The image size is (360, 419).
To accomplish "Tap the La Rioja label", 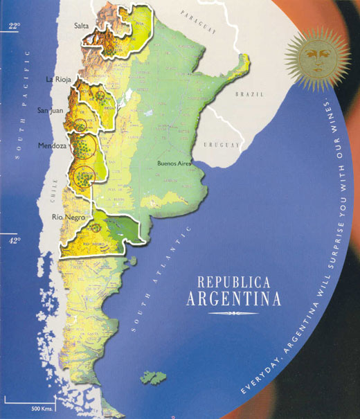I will (59, 80).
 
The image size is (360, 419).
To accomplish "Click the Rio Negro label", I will (69, 217).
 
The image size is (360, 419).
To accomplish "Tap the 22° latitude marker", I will (13, 26).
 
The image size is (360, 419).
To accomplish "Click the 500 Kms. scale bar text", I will (43, 407).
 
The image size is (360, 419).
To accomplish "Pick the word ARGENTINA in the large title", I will (234, 300).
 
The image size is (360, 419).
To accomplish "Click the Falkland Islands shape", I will (154, 377).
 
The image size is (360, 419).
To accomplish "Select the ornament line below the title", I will (233, 314).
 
